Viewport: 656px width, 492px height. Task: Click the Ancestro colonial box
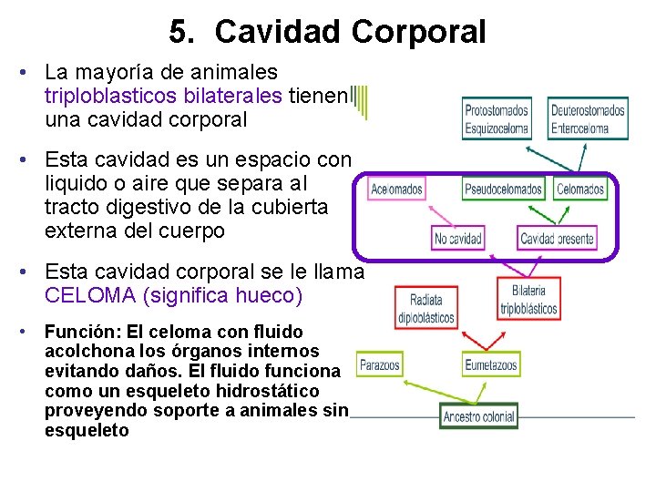coord(479,416)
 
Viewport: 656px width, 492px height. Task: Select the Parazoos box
coord(379,364)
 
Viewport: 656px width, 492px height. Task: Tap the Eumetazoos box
coord(490,364)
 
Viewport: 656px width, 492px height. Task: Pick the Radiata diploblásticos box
coord(425,308)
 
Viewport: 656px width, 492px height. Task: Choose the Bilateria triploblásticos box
coord(528,298)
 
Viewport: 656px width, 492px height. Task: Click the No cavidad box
coord(457,239)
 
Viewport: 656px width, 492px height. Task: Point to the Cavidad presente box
coord(557,239)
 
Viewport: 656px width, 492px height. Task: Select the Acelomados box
coord(396,189)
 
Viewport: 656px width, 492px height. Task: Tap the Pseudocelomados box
coord(503,189)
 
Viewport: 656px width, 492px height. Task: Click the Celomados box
coord(579,189)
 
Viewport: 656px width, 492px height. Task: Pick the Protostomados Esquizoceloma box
coord(496,118)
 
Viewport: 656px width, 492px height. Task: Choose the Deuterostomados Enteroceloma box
coord(588,118)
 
